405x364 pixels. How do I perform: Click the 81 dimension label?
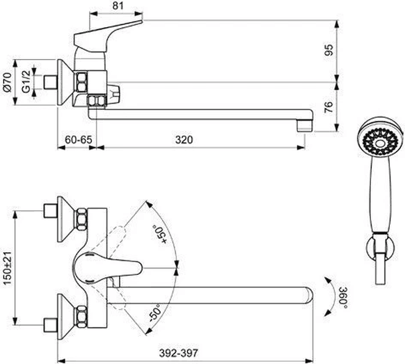coord(118,5)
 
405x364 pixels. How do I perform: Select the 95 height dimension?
coord(329,50)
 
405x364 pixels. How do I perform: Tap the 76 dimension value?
coord(329,106)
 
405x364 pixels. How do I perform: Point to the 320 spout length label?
coord(184,140)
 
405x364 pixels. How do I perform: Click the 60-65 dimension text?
coord(78,140)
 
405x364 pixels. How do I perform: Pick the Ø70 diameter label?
coord(7,82)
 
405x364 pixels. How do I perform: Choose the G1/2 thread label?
coord(26,82)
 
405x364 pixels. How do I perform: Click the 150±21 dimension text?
coord(8,268)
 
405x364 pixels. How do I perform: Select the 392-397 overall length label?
coord(178,353)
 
